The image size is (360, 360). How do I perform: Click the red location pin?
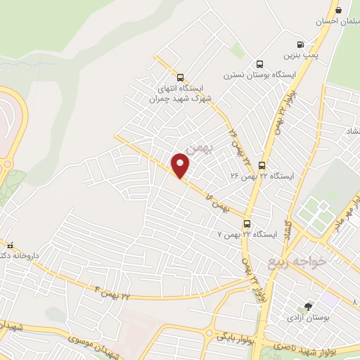(x=181, y=166)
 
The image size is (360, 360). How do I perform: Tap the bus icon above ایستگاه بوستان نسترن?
(x=260, y=64)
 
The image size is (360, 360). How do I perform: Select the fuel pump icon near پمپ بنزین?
(x=301, y=44)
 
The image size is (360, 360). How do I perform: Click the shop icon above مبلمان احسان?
(x=340, y=11)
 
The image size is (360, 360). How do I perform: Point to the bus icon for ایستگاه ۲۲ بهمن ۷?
(x=247, y=224)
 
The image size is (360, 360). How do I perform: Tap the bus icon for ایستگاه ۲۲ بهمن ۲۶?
(x=262, y=165)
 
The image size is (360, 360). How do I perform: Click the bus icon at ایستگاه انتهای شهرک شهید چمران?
(x=181, y=78)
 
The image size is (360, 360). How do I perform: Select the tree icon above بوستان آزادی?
(x=308, y=307)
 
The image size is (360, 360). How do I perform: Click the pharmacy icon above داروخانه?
(x=10, y=246)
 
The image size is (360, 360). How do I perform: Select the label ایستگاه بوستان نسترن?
(x=257, y=75)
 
